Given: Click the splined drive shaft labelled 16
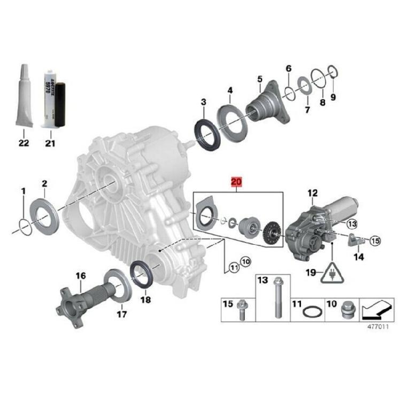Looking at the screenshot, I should click(x=75, y=303).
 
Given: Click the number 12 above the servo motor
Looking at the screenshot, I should click(x=312, y=192).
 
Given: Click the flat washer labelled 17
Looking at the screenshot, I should click(x=117, y=284).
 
